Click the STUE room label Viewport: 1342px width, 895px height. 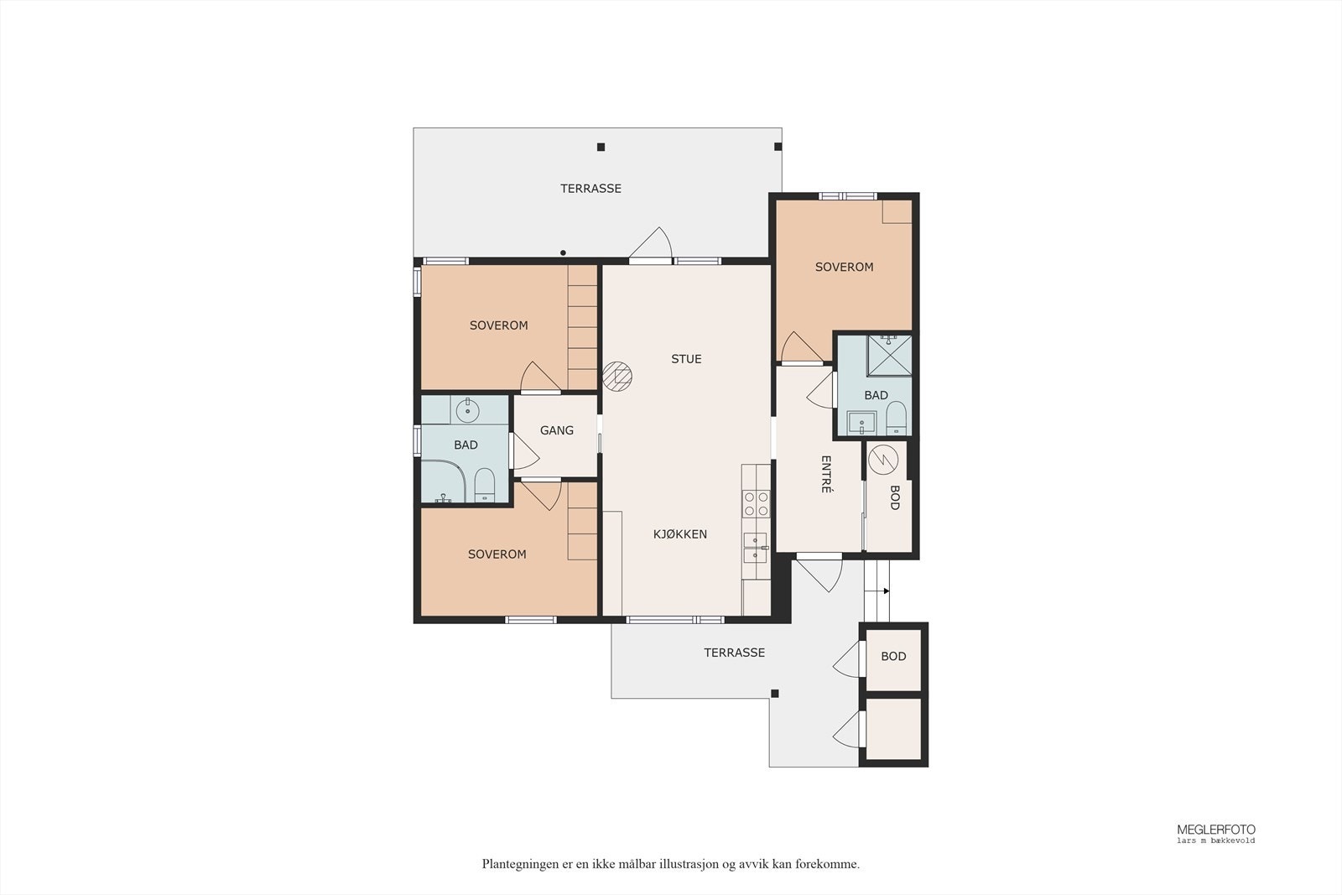[x=686, y=359]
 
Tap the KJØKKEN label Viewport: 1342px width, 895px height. [x=680, y=533]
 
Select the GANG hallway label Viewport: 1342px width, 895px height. [x=557, y=430]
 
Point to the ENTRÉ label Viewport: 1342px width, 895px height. [x=825, y=474]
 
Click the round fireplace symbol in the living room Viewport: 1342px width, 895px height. [x=617, y=377]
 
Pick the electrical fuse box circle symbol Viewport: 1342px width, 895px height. [x=883, y=460]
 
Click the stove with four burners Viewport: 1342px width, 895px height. [x=756, y=503]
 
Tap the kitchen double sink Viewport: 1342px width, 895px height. [x=756, y=548]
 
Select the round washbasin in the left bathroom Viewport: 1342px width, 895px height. [x=467, y=410]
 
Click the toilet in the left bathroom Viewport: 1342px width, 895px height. [x=484, y=485]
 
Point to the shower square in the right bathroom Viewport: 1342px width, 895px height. [x=890, y=356]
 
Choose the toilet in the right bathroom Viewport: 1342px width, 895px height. [x=897, y=418]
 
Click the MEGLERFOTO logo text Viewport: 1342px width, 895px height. [x=1216, y=830]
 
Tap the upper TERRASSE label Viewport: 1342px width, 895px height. [x=590, y=189]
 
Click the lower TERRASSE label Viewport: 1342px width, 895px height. [x=735, y=653]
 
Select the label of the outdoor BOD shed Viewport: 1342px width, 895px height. [x=893, y=657]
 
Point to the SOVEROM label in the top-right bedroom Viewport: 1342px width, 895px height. [x=844, y=268]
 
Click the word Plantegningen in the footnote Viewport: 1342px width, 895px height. [x=516, y=865]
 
